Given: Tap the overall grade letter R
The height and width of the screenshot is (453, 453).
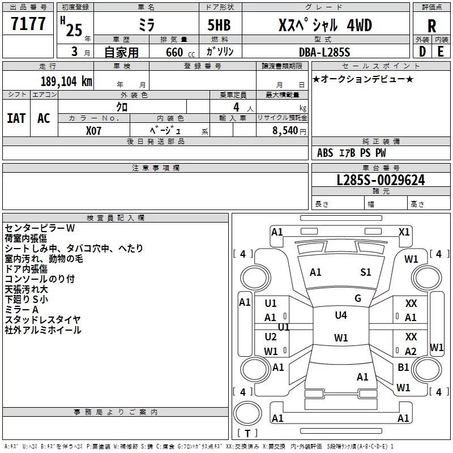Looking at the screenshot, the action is pos(431,26).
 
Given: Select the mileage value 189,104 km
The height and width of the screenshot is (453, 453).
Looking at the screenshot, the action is pos(66,82).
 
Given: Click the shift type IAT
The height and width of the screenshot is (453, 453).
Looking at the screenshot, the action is pos(16,118).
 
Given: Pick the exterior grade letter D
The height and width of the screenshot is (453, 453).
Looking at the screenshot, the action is pos(422,52).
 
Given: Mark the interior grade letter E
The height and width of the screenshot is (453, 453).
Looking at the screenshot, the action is pos(441,52).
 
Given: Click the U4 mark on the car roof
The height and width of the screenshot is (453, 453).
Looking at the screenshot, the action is pos(341,315).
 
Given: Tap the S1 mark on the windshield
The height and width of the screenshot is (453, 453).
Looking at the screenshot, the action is pos(366,272).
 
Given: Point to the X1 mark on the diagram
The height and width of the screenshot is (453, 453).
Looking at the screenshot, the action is pos(404,232).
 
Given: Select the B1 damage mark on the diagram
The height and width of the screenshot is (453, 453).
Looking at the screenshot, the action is pos(403,367).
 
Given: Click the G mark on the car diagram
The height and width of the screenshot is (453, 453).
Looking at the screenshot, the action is pos(358,298).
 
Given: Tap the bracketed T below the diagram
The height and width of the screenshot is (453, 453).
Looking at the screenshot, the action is pos(246,434).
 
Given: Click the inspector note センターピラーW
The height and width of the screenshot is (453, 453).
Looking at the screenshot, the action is pos(40,228).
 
